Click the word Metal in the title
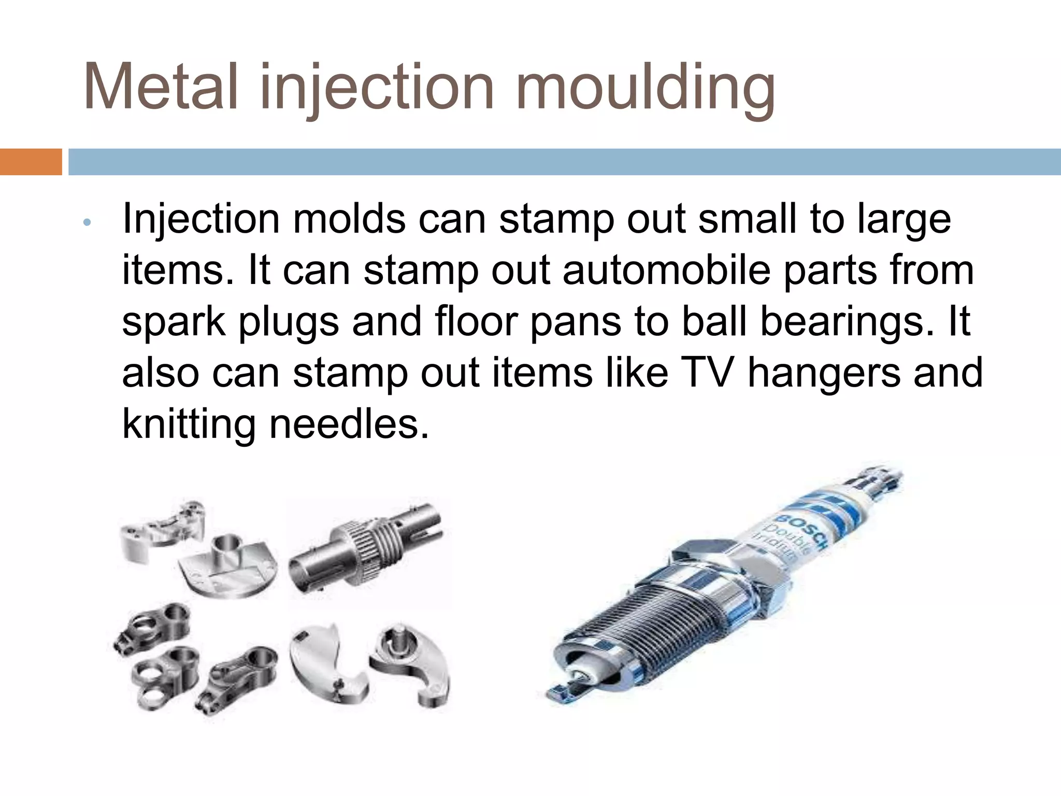click(x=161, y=87)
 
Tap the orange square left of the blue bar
click(x=31, y=162)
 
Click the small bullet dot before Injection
click(x=87, y=222)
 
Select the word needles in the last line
click(x=349, y=424)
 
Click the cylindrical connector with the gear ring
click(x=365, y=549)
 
